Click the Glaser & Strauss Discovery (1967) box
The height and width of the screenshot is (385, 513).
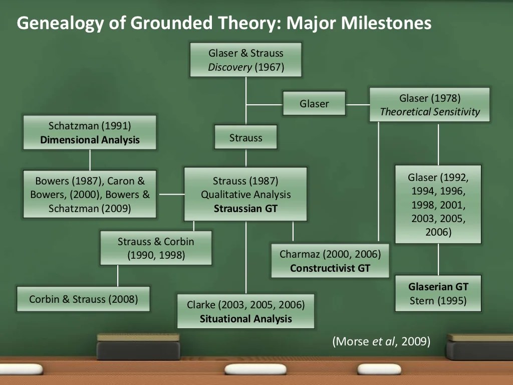click(245, 60)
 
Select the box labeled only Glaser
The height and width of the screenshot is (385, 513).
click(314, 104)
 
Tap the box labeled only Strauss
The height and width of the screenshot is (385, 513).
click(245, 137)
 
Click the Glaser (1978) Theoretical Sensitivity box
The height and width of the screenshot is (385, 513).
click(429, 105)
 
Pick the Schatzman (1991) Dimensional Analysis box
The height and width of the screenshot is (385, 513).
click(90, 132)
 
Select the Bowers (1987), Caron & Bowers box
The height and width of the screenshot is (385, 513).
click(90, 194)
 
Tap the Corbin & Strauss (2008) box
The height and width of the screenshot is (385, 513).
click(83, 299)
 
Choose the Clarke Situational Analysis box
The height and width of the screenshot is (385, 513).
click(245, 311)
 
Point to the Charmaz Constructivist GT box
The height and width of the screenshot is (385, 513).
click(330, 261)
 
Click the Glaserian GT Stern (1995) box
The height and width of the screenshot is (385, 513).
click(438, 294)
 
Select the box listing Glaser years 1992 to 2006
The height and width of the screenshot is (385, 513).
click(438, 205)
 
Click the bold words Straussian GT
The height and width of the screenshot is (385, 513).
click(245, 209)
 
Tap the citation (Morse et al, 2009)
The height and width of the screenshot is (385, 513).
click(381, 342)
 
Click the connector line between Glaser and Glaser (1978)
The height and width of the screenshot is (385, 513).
click(357, 105)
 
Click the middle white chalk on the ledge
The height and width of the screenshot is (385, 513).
click(255, 369)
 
